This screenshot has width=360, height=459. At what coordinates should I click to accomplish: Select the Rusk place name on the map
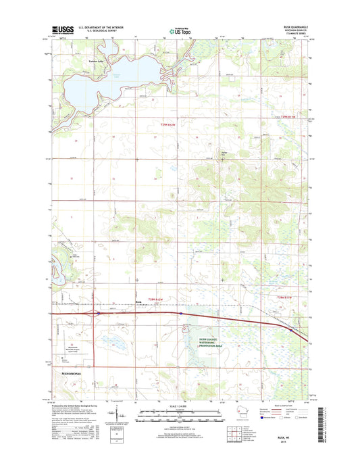point(139,302)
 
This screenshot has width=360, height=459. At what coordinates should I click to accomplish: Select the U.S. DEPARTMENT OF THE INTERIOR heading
point(99,27)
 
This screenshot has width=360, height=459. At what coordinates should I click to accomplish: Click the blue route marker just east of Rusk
point(180,314)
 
